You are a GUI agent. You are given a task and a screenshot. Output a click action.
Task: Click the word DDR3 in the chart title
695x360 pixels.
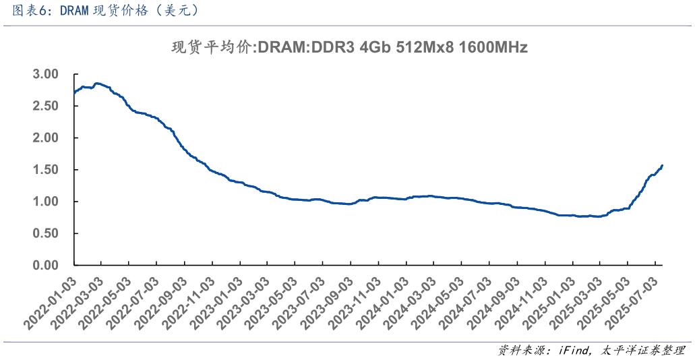pos(335,48)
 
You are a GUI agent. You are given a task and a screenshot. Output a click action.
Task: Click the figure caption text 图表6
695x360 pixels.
pos(28,11)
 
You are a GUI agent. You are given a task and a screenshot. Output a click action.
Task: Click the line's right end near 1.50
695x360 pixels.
pos(662,165)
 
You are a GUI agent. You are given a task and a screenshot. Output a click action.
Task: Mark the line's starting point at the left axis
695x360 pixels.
pos(74,92)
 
